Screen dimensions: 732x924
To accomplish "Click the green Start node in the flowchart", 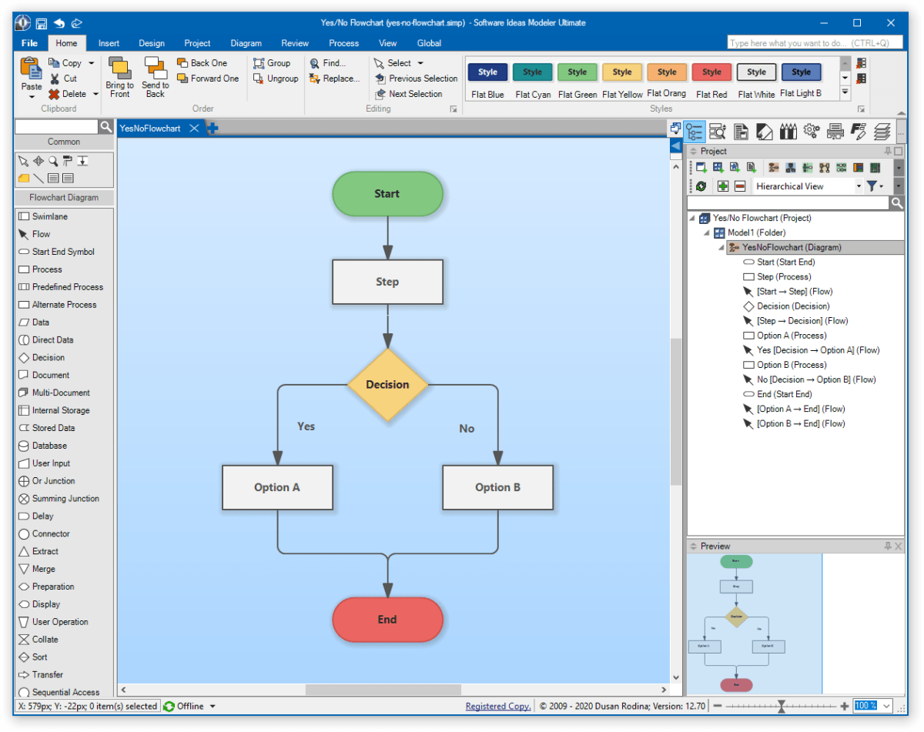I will (x=387, y=193).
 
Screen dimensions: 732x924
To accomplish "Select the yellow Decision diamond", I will (x=387, y=384).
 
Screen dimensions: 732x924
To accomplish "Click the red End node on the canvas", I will (x=387, y=620).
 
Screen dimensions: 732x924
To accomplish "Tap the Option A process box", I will (x=277, y=487).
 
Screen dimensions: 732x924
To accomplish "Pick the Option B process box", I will (x=497, y=487).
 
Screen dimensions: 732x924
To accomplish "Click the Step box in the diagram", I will (x=387, y=282).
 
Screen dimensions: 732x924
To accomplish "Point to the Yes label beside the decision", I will (x=306, y=426).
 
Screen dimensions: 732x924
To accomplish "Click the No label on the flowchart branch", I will (x=467, y=429).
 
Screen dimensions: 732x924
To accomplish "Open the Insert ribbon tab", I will (x=109, y=43).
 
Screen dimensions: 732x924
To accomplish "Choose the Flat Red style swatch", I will (x=711, y=72).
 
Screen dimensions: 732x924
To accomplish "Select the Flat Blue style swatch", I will (x=487, y=72).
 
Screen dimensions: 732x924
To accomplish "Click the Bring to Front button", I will (x=119, y=78).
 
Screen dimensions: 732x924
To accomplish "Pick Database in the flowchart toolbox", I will (x=49, y=446).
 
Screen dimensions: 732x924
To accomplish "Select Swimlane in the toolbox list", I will (x=49, y=216).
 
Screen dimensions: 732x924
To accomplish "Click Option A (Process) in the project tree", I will (x=792, y=336).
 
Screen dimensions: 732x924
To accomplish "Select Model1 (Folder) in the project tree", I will (x=756, y=232).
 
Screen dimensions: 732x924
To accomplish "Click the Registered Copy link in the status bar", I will (x=498, y=706).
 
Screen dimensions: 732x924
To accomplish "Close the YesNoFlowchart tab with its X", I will (x=194, y=129).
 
